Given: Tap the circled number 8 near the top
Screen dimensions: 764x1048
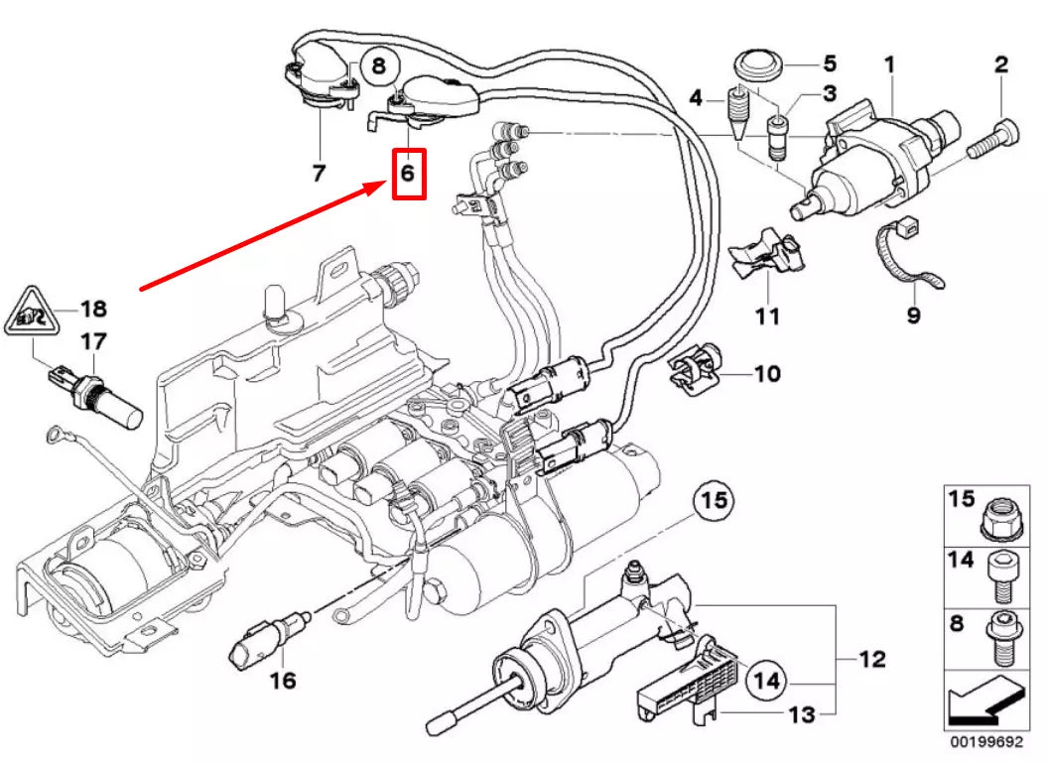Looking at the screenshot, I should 377,67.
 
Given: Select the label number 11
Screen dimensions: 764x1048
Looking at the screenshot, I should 767,317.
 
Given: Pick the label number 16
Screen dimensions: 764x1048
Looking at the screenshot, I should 283,681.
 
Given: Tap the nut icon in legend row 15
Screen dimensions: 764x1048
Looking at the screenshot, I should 1005,514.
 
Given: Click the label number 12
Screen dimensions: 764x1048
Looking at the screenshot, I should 872,659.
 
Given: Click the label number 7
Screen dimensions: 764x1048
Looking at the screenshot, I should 319,174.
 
